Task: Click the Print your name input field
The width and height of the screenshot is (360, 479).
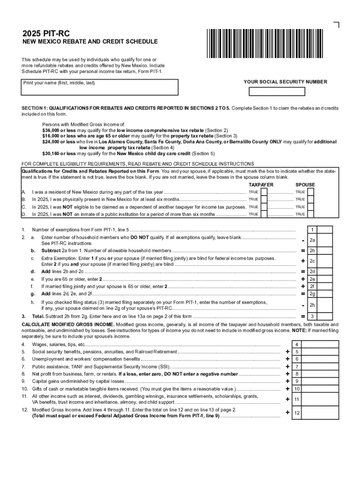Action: [101, 87]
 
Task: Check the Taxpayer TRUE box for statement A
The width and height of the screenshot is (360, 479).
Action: [264, 192]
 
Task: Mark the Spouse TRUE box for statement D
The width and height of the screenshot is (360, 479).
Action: [310, 214]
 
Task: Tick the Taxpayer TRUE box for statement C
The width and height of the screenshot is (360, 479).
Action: [264, 207]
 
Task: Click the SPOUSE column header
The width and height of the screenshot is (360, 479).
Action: [305, 185]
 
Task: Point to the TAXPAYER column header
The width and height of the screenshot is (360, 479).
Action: [260, 185]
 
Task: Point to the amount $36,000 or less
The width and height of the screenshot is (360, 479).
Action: [59, 130]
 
